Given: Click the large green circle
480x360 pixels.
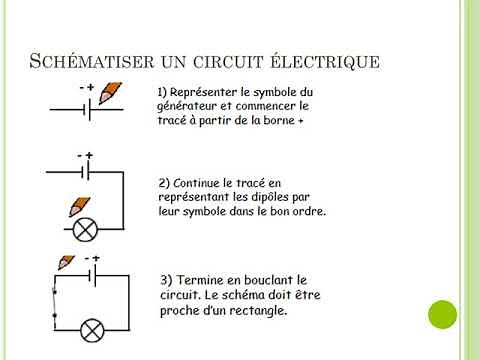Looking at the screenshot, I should point(441,315).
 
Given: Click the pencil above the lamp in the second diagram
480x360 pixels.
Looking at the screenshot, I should point(77,209).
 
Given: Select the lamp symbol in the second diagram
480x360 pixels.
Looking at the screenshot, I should point(86,229).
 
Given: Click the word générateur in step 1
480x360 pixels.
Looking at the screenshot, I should point(189,105).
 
